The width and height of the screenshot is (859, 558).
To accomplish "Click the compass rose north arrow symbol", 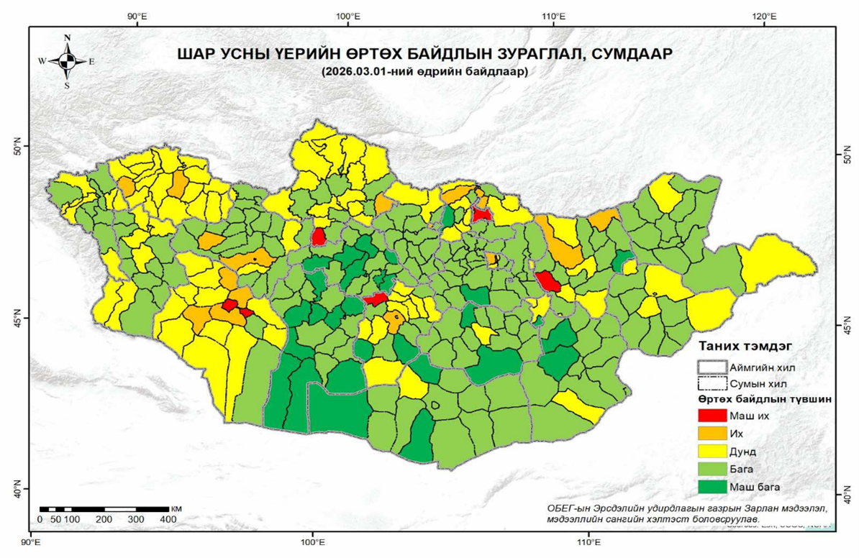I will pos(67,60).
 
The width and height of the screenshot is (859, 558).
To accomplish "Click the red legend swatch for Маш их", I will pos(712,416).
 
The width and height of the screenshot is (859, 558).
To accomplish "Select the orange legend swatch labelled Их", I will pos(712,434).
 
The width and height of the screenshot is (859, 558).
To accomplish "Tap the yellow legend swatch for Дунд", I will pos(712,452).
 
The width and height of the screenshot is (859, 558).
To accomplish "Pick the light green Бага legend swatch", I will pos(712,469).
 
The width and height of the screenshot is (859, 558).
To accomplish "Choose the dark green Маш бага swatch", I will pos(712,487).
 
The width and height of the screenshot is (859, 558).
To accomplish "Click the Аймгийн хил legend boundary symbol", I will pos(712,366).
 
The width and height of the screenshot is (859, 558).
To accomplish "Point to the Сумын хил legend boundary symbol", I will pos(712,383).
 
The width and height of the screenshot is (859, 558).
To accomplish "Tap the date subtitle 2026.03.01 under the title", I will pos(425,71).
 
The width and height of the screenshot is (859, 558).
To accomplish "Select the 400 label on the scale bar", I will pos(168,519).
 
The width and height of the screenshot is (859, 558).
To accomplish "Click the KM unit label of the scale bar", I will pos(177,508).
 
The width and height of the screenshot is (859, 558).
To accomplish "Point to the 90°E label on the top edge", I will pos(137,15).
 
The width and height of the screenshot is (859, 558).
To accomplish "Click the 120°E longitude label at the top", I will pos(763,15).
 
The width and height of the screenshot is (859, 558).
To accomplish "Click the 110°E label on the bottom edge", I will pos(588,541).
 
